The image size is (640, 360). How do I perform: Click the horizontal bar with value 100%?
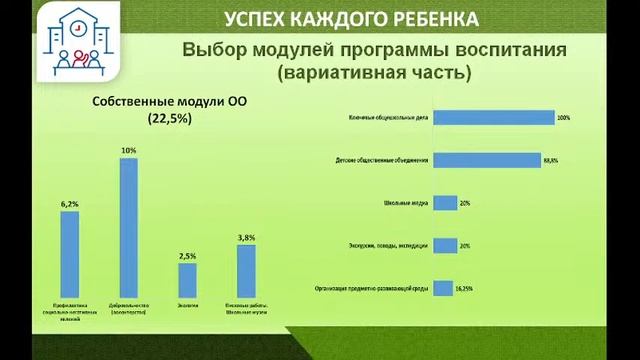[494, 117]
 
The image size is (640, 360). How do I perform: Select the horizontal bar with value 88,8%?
[487, 159]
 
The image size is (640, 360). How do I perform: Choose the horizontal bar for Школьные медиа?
[445, 201]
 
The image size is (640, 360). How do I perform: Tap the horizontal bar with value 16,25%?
[442, 287]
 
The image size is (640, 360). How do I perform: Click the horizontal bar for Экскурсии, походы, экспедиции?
[445, 244]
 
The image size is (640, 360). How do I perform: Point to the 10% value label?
[128, 150]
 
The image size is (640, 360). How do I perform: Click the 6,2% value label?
[70, 204]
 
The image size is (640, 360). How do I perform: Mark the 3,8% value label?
[246, 237]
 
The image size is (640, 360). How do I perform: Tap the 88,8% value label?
[550, 160]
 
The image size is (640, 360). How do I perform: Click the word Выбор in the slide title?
[213, 50]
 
